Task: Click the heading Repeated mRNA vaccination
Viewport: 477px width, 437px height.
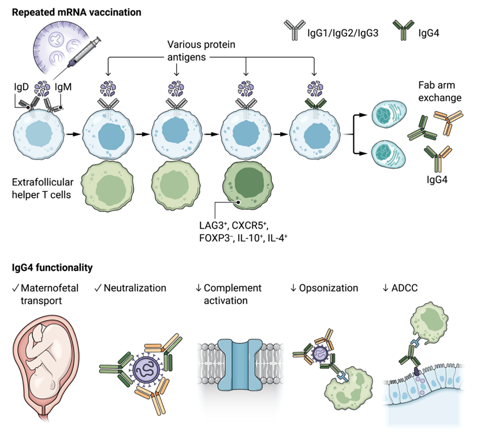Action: (68, 11)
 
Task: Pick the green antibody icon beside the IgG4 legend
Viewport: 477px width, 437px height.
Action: (400, 27)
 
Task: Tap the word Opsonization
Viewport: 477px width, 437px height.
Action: (328, 288)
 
